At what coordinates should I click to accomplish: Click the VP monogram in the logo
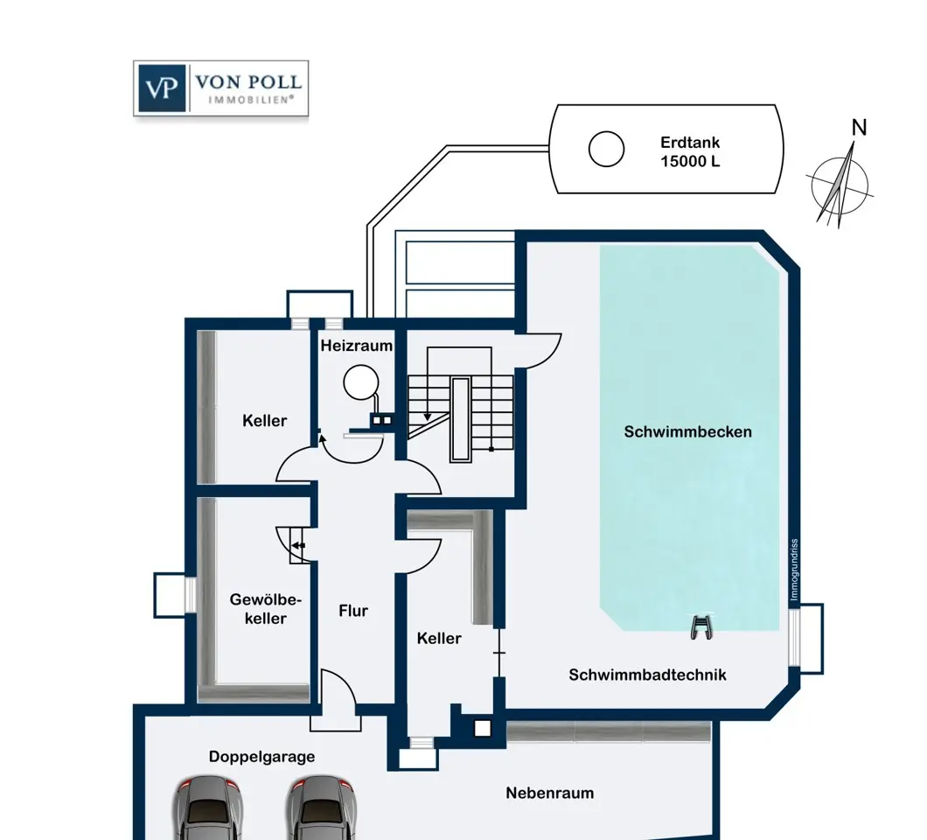162,88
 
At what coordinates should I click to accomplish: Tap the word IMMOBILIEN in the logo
251,100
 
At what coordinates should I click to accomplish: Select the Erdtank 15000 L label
690,151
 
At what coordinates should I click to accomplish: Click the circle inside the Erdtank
606,149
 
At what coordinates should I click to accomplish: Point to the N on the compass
859,127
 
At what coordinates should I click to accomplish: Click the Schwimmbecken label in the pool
687,432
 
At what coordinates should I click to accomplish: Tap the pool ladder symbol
701,627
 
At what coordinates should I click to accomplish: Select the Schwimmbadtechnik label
647,675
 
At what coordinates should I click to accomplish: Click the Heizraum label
357,346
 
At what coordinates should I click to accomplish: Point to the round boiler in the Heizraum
360,382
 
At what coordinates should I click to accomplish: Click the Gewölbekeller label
266,609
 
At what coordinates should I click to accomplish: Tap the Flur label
353,611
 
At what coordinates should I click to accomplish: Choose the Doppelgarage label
261,757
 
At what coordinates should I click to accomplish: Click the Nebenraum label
550,794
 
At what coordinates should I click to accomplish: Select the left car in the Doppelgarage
208,808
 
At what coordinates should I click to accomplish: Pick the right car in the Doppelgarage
322,808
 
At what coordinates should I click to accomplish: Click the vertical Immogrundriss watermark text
794,570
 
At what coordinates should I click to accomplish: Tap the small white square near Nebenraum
483,728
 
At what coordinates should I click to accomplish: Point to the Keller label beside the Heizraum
265,421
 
